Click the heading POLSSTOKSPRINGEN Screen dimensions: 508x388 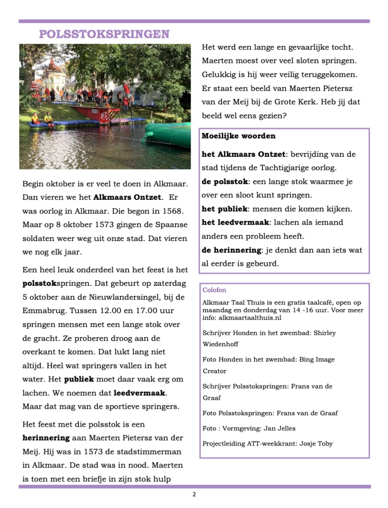104,34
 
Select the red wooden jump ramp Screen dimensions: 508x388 99,114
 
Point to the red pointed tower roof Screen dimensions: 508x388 54,64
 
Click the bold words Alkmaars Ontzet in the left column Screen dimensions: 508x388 128,197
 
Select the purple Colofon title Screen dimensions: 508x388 214,290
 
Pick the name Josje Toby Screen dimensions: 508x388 316,444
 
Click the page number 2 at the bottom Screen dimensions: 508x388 194,495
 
